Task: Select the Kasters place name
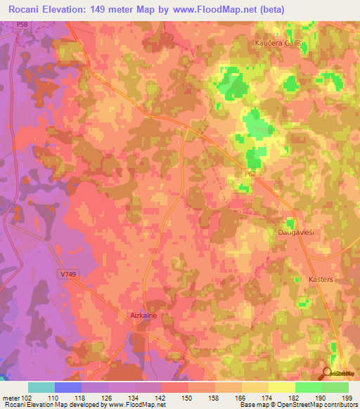(321, 279)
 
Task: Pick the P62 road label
(251, 172)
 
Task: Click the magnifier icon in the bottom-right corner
(328, 373)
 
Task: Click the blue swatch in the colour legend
(68, 387)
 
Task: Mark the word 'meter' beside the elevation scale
(11, 397)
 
